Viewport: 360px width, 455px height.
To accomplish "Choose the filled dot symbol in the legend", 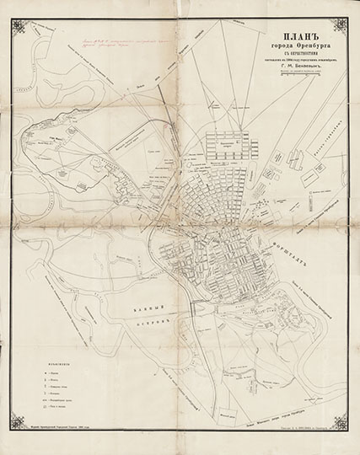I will [40, 371].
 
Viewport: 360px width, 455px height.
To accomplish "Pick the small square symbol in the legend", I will [40, 381].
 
